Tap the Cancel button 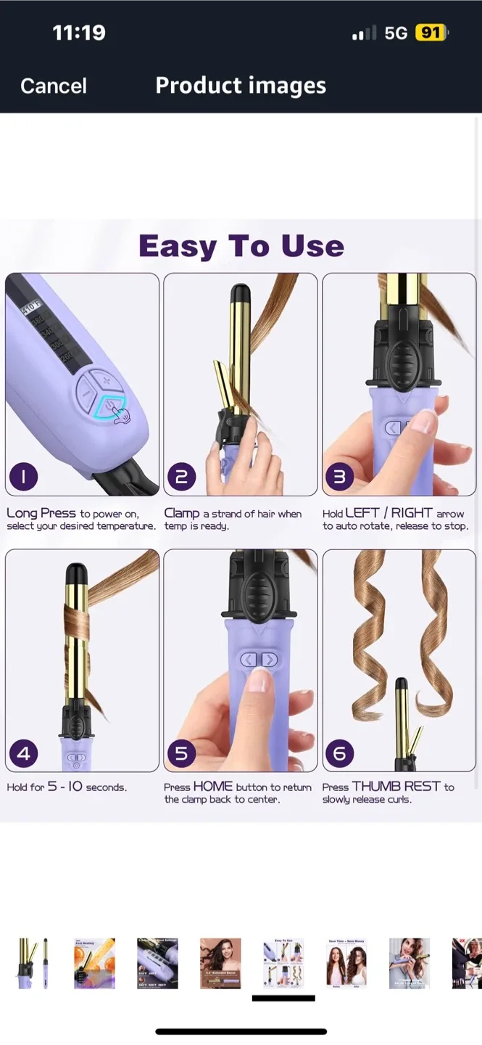(x=53, y=86)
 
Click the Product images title (x=241, y=86)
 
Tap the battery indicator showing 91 (x=431, y=33)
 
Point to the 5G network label (x=396, y=33)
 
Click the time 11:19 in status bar (x=79, y=33)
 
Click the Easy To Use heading (x=241, y=246)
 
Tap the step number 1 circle (x=23, y=477)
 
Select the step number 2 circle (x=181, y=477)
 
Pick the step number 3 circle (x=339, y=477)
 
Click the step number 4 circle (x=23, y=753)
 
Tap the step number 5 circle (x=181, y=753)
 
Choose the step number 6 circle (x=339, y=753)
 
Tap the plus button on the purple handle (x=106, y=380)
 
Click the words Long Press (x=41, y=513)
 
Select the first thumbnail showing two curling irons (x=33, y=963)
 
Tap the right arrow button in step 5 (x=270, y=660)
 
